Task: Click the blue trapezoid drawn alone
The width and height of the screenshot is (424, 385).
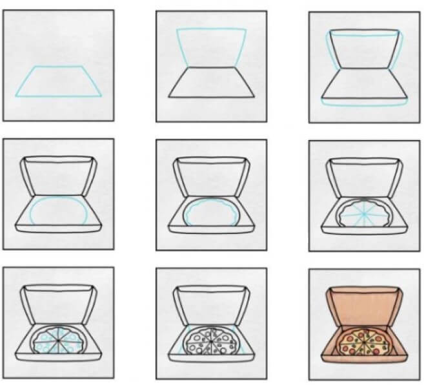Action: (x=59, y=81)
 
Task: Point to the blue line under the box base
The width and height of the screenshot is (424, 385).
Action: (x=365, y=103)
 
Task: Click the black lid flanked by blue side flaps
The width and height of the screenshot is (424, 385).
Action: (x=365, y=48)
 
